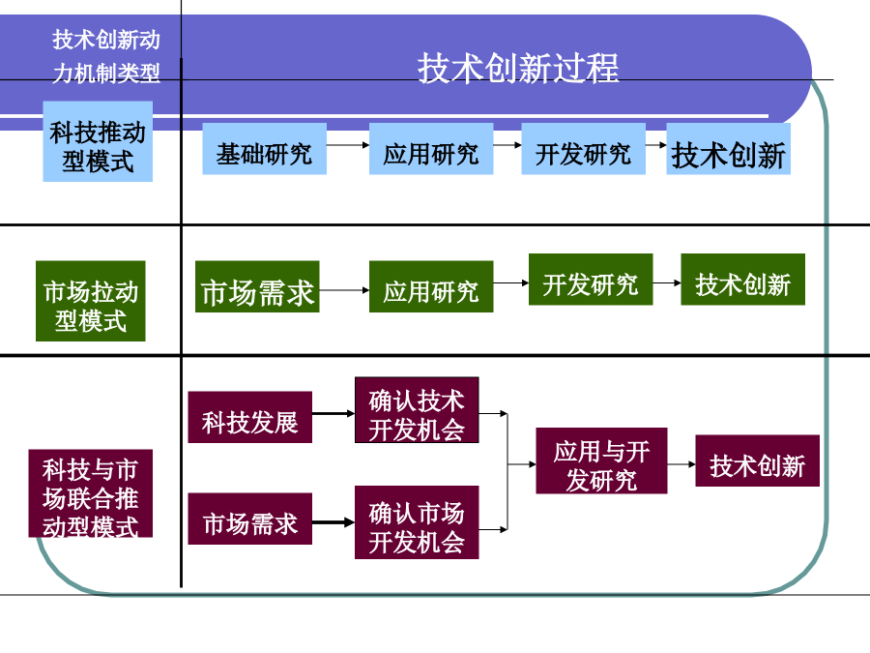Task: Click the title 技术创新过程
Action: (x=518, y=69)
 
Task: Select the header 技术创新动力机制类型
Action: (x=106, y=56)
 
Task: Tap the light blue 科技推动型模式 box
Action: (x=98, y=141)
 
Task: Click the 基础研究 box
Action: (x=264, y=149)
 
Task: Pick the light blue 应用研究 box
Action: (x=431, y=149)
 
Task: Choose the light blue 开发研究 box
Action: (x=583, y=149)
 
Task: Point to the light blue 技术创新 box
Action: (x=729, y=149)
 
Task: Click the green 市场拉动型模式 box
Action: (x=91, y=301)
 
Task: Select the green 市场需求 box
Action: (x=257, y=286)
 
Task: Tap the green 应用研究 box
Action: (x=431, y=286)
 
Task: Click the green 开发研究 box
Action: (x=591, y=280)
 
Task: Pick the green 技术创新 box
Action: (x=743, y=280)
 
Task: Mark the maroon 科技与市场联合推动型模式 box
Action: (x=91, y=493)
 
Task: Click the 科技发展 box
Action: (x=250, y=417)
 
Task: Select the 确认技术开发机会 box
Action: (x=417, y=410)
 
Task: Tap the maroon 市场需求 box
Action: (x=250, y=519)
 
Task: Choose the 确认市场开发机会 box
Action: (x=417, y=522)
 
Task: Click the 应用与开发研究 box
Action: (x=601, y=460)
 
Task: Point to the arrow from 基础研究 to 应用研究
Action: (x=348, y=145)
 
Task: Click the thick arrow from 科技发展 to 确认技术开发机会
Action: (x=333, y=413)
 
